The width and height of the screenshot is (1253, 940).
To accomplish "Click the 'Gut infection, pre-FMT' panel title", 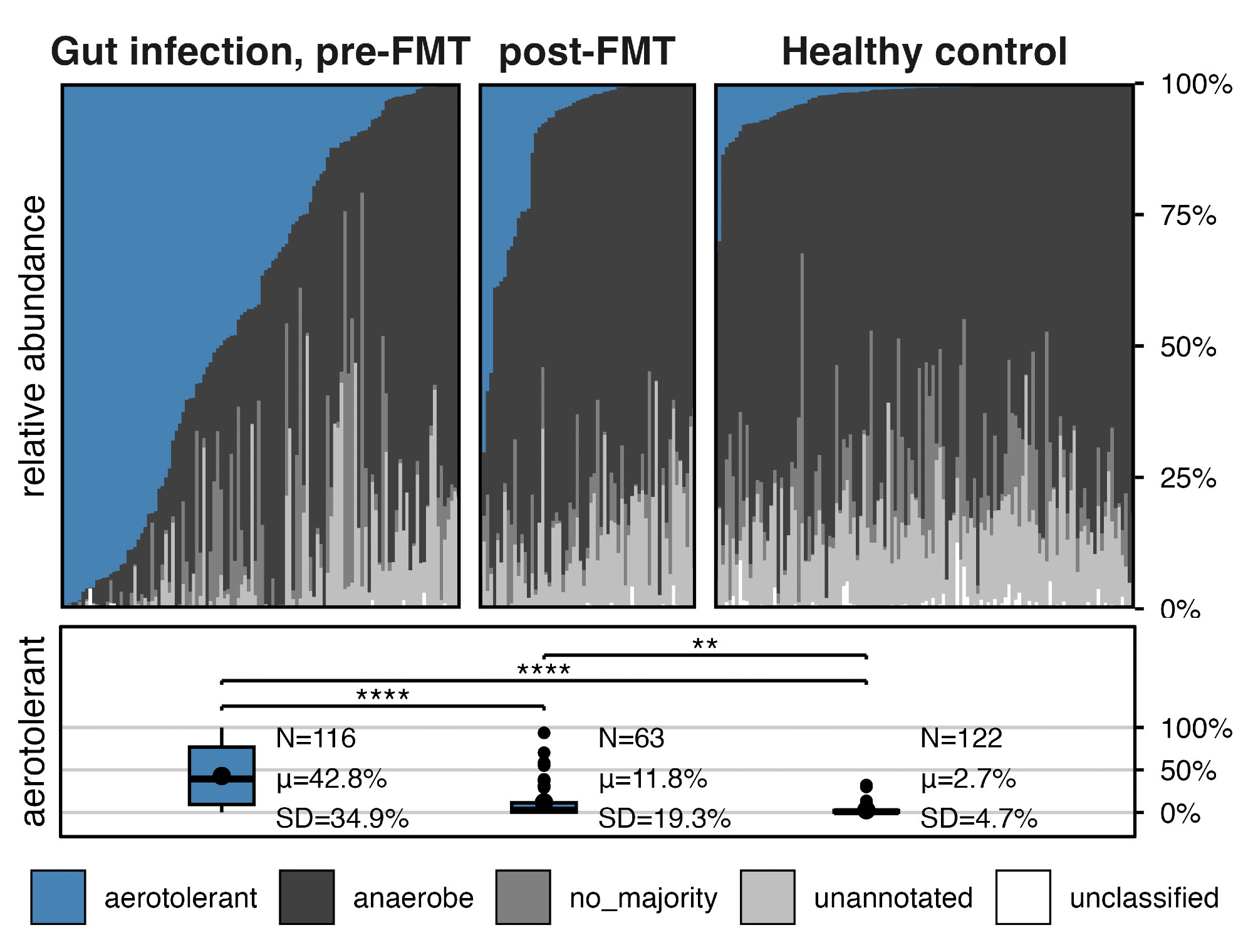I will [260, 51].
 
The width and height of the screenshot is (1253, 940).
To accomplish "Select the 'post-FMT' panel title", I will [587, 51].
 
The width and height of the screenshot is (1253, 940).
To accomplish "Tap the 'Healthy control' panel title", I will [924, 51].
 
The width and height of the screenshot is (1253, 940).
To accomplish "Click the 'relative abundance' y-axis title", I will [34, 346].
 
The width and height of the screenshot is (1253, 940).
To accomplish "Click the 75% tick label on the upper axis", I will [1188, 216].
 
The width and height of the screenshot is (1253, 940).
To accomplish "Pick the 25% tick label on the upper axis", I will [1188, 479].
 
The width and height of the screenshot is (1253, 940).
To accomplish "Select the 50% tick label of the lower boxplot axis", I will [1188, 771].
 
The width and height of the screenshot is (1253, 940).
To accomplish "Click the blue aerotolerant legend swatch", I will [58, 897].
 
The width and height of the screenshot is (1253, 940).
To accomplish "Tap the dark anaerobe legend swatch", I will [306, 897].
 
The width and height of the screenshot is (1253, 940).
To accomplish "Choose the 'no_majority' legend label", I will [643, 898].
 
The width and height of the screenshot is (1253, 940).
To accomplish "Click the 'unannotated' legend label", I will [893, 898].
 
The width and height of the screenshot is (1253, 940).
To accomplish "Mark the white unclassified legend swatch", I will [1022, 897].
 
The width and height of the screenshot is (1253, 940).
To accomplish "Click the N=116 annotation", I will [316, 738].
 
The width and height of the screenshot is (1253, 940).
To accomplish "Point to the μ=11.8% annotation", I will [653, 779].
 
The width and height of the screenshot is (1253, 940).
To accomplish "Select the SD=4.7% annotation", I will [979, 818].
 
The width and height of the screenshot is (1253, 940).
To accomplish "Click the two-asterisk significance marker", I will [705, 644].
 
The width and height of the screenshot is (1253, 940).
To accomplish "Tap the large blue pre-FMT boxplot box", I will [222, 776].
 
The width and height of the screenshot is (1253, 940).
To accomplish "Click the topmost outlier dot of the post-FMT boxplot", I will [544, 733].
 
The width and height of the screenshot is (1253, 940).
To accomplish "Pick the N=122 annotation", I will [961, 738].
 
